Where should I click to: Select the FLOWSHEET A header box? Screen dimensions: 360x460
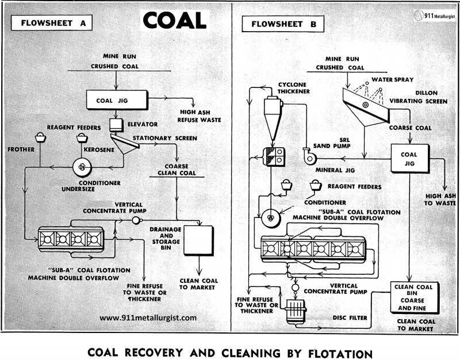pyautogui.click(x=53, y=24)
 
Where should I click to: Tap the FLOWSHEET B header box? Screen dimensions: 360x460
pyautogui.click(x=283, y=25)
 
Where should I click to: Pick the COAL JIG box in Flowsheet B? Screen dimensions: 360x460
pyautogui.click(x=408, y=158)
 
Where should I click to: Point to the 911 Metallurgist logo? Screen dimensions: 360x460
pyautogui.click(x=432, y=17)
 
